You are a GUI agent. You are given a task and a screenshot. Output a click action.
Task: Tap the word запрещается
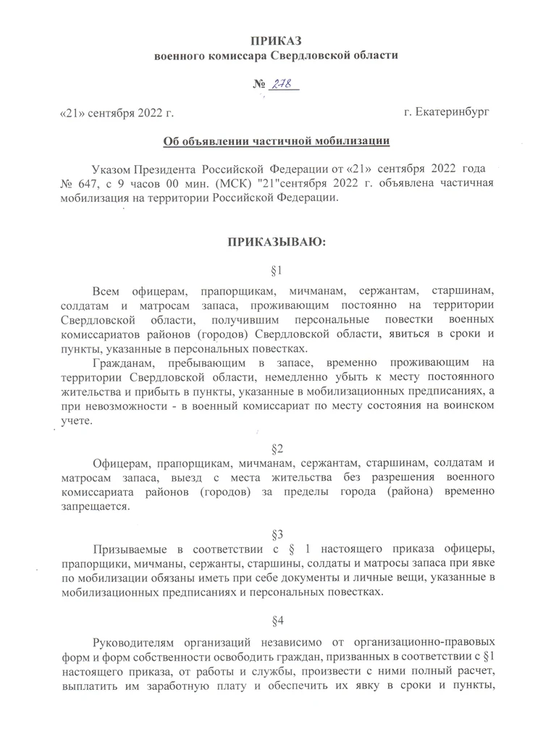[94, 507]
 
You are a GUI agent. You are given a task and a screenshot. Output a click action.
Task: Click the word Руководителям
[135, 645]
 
